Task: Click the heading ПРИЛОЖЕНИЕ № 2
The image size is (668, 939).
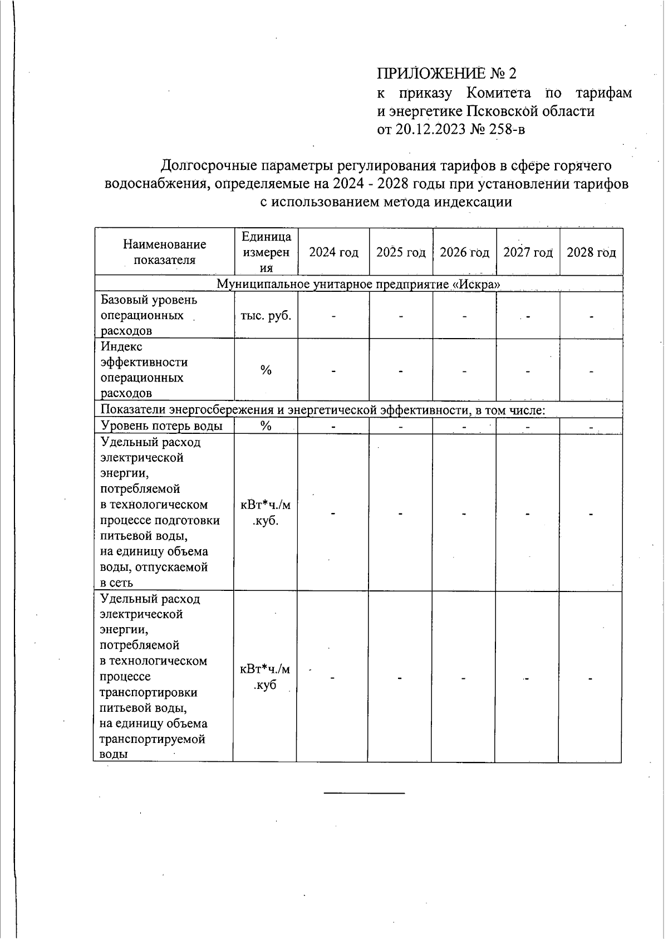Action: click(x=447, y=74)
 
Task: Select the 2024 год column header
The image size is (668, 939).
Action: click(x=333, y=252)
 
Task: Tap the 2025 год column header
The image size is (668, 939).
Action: click(x=401, y=252)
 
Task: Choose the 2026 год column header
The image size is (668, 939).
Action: click(x=464, y=252)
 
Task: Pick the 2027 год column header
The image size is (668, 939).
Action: click(x=528, y=252)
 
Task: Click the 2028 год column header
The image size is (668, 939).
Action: click(x=591, y=252)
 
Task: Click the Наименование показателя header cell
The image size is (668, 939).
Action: click(x=164, y=252)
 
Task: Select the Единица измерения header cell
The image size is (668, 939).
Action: click(x=266, y=252)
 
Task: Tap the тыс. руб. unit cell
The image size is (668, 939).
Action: click(x=266, y=315)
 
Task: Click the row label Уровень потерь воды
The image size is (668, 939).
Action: click(x=161, y=426)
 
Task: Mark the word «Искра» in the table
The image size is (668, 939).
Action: click(x=476, y=284)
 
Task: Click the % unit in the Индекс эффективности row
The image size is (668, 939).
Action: click(x=266, y=370)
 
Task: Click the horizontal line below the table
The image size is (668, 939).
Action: click(x=364, y=792)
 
